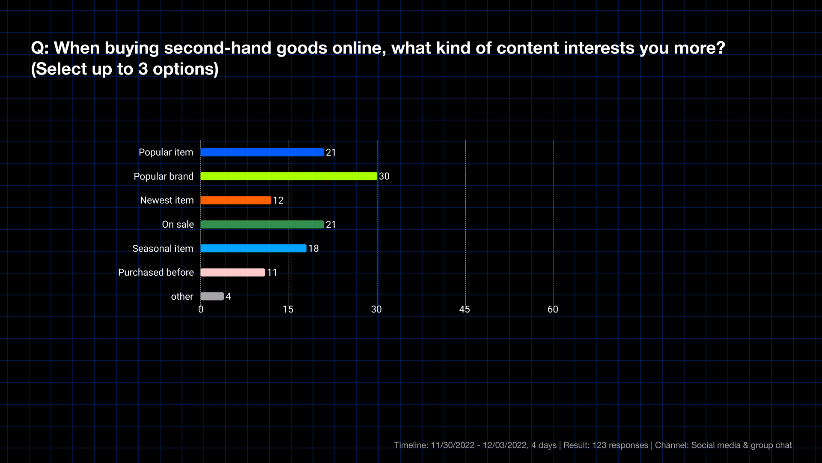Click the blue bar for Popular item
(262, 152)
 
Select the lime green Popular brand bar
(289, 176)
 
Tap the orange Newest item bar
(235, 200)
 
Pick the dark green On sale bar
(262, 224)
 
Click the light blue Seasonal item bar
(253, 248)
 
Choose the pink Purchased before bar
(232, 272)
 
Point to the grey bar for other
(212, 296)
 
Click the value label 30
(384, 176)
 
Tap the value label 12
(278, 200)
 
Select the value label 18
(313, 248)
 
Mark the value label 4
(228, 296)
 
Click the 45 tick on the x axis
(465, 310)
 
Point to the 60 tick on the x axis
(553, 310)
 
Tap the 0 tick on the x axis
(201, 310)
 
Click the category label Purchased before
(156, 272)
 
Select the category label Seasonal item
(163, 248)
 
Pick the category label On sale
(178, 224)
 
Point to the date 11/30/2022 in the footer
(453, 445)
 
